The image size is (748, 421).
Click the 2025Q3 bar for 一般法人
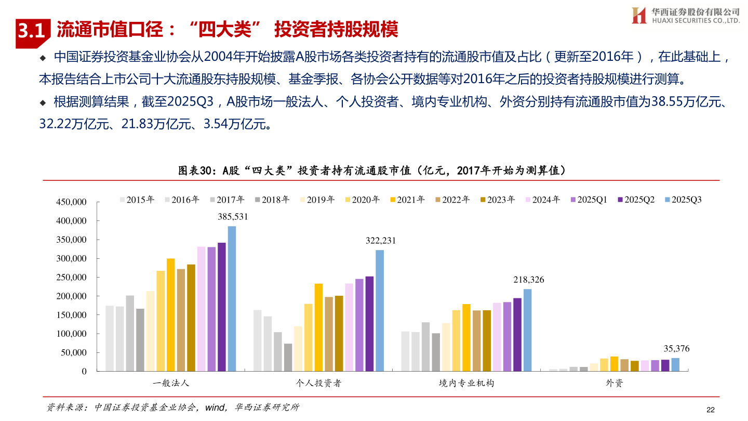tap(232, 299)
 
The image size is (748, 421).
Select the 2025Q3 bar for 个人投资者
tap(380, 311)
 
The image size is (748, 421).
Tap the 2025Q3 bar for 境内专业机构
tap(527, 330)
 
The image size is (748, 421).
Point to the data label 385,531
tap(232, 217)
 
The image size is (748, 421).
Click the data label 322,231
tap(381, 241)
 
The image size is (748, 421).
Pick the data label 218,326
tap(528, 280)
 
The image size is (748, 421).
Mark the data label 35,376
tap(676, 349)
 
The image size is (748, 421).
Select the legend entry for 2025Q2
tap(636, 200)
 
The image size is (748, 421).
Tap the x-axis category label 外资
tap(614, 384)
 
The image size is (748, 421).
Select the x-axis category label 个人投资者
tap(318, 384)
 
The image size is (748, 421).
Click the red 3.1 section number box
tap(33, 32)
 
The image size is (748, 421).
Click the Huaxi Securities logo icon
tap(638, 15)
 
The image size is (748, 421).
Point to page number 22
tap(711, 410)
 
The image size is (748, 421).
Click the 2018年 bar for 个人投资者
tap(288, 358)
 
